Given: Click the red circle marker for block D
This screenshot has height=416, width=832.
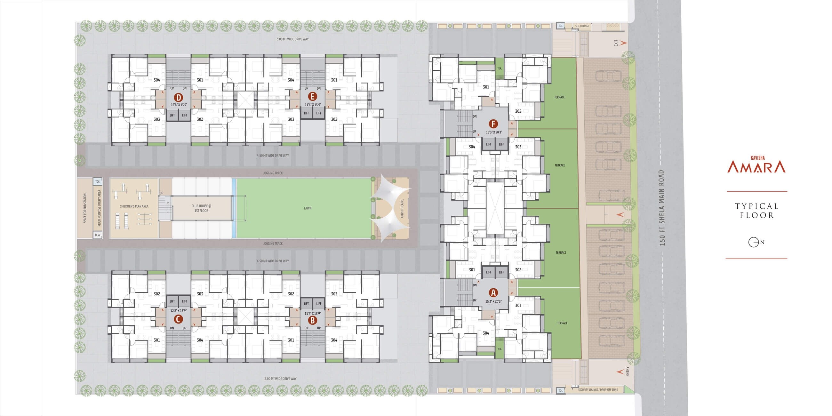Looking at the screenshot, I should [x=178, y=97].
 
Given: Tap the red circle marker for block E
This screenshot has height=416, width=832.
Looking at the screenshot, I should [x=312, y=96].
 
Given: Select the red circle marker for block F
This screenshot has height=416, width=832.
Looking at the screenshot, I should [x=493, y=124].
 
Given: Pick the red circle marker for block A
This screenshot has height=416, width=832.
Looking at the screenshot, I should [x=493, y=292].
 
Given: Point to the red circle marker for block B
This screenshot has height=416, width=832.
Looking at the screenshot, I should [x=312, y=320].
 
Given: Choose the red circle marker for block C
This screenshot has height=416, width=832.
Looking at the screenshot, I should [x=178, y=319].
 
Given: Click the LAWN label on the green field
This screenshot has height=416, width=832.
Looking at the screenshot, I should [x=308, y=208].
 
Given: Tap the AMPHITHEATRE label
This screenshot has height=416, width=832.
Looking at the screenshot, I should [x=402, y=208].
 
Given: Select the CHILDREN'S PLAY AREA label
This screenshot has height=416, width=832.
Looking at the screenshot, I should [x=134, y=206].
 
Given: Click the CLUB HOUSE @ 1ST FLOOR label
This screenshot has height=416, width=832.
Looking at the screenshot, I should [x=201, y=208].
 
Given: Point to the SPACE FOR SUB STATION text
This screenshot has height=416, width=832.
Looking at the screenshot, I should [x=85, y=208].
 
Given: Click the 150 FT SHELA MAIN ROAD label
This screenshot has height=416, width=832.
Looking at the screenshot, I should [x=662, y=208].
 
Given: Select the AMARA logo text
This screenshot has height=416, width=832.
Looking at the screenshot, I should [x=756, y=167].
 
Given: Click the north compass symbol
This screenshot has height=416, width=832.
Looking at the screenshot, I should [x=754, y=242].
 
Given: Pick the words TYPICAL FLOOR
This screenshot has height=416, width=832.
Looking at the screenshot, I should [x=757, y=211].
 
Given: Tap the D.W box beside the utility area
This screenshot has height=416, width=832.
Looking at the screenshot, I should [x=98, y=235].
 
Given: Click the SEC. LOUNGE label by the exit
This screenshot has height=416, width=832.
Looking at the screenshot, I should [x=582, y=26].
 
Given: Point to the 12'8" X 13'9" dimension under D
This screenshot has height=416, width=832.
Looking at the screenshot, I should [x=179, y=105].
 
